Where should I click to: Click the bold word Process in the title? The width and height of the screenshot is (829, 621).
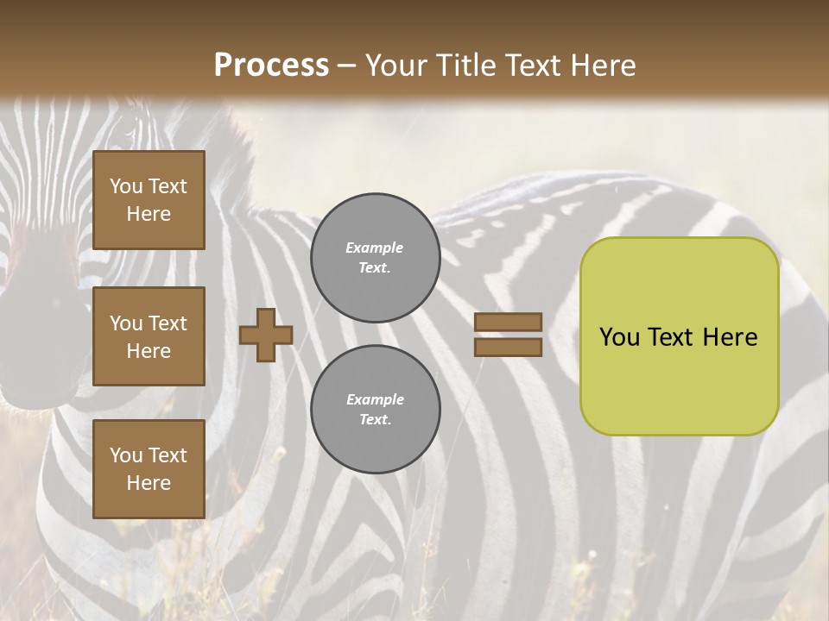[x=271, y=66]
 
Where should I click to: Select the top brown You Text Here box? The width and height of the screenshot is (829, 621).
[x=149, y=200]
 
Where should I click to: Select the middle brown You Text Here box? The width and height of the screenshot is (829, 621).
[x=149, y=336]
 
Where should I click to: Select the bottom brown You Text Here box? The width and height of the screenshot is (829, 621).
[x=149, y=469]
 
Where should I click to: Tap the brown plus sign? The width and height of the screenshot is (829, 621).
[x=266, y=335]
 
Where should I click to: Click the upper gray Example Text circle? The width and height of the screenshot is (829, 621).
[x=375, y=258]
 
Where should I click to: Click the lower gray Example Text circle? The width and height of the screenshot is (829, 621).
[x=375, y=410]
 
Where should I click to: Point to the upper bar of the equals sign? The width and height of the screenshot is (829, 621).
[x=509, y=323]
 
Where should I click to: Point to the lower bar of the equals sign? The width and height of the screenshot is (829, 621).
[x=509, y=348]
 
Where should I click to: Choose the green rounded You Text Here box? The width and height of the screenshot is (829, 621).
[x=679, y=336]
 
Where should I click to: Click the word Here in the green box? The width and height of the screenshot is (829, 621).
[x=730, y=337]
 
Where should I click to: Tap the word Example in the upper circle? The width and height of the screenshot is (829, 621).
[x=375, y=248]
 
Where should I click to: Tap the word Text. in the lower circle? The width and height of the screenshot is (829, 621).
[x=375, y=420]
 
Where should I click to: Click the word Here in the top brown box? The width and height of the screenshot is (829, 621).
[x=149, y=214]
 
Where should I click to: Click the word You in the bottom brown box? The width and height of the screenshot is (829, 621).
[x=126, y=455]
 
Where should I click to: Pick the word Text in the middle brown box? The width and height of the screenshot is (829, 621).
[x=168, y=323]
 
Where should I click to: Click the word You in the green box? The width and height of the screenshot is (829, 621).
[x=619, y=337]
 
